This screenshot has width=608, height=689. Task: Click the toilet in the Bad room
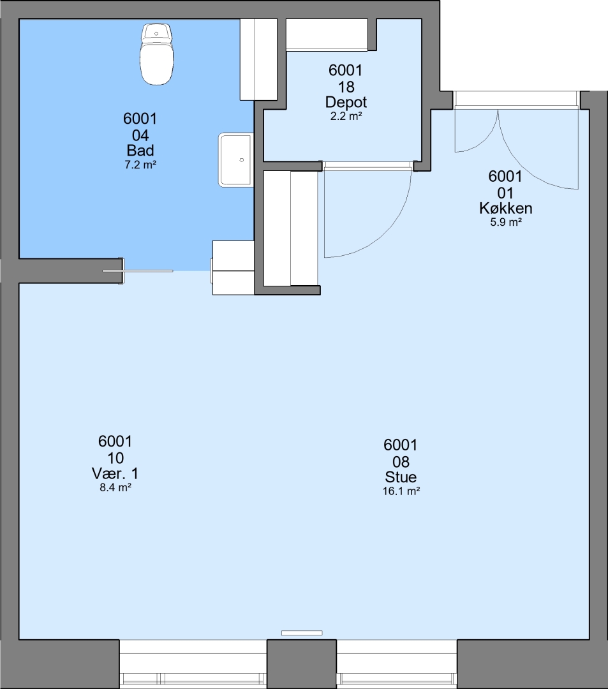point(156,54)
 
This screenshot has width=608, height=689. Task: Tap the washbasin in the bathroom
point(236,160)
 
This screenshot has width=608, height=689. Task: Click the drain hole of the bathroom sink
point(242,160)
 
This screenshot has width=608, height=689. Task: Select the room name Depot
point(346,102)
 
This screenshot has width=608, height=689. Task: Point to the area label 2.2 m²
point(346,117)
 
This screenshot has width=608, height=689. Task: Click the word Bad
point(140,151)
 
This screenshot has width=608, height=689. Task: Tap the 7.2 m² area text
point(140,165)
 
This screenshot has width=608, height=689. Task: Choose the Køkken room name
point(506,208)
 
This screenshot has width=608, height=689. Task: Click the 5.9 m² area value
point(506,223)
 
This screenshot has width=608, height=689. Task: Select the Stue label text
point(401,477)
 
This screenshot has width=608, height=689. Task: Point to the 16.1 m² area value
point(401,491)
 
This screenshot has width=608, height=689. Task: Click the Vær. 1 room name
point(115,473)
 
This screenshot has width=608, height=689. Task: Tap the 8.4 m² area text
point(115,487)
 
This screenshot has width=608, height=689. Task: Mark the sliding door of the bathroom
point(138,271)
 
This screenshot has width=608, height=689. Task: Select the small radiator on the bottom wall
point(302,633)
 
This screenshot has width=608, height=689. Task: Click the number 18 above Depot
point(346,87)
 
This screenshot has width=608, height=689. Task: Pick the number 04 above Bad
point(140,135)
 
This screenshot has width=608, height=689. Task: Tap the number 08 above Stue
point(401,462)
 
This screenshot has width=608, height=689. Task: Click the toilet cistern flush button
point(156,33)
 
